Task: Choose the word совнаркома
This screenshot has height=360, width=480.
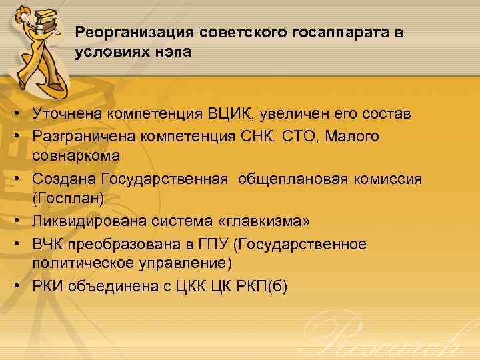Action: (x=77, y=156)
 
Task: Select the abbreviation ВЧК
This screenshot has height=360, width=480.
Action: (x=50, y=244)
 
